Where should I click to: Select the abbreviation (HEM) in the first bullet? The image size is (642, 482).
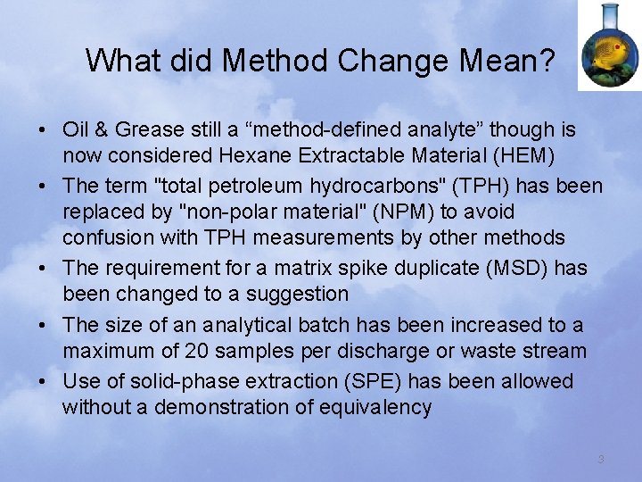pos(524,156)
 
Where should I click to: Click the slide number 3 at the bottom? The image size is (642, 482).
pos(601,459)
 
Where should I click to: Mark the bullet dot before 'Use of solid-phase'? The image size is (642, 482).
pos(44,382)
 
